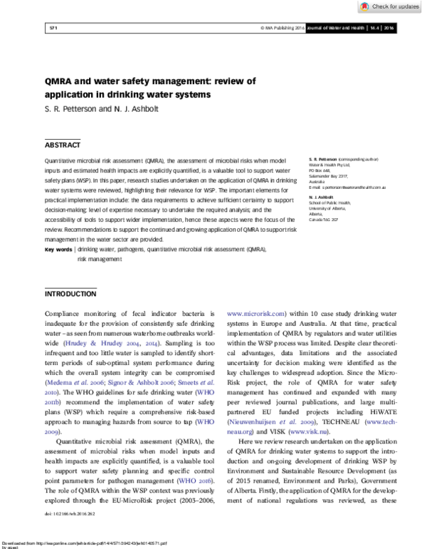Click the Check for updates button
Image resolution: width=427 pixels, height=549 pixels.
click(389, 6)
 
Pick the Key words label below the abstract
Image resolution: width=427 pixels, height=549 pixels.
click(58, 250)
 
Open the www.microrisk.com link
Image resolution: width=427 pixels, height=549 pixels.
click(256, 313)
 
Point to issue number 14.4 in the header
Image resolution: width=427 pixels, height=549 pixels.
click(373, 28)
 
